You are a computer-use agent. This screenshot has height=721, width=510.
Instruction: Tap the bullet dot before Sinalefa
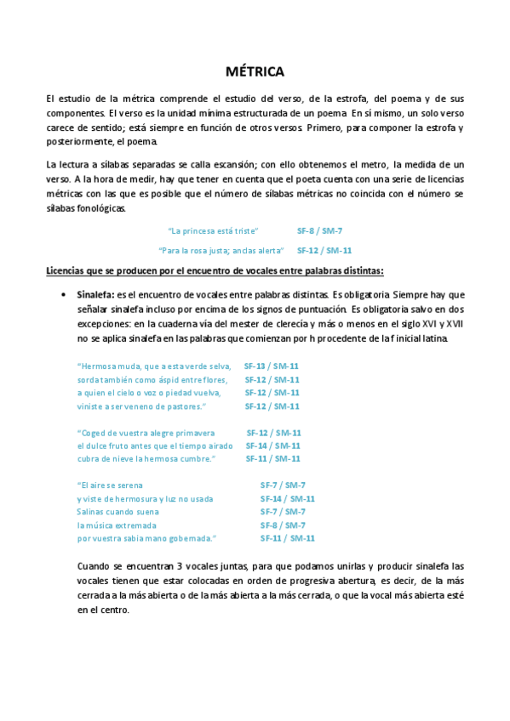pyautogui.click(x=66, y=294)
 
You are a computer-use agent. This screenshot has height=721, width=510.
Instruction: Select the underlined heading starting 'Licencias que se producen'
pyautogui.click(x=215, y=271)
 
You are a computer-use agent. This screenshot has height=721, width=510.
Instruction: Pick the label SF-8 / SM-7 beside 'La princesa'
pyautogui.click(x=319, y=230)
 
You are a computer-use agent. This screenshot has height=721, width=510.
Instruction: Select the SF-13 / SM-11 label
pyautogui.click(x=272, y=366)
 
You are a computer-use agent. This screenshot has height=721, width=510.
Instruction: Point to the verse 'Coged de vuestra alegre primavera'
pyautogui.click(x=146, y=432)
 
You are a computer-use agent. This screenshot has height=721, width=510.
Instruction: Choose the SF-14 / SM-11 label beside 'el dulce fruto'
pyautogui.click(x=273, y=446)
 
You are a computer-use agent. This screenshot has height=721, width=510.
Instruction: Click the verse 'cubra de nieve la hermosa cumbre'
pyautogui.click(x=146, y=459)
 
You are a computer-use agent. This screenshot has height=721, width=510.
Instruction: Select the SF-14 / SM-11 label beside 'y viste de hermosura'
pyautogui.click(x=288, y=498)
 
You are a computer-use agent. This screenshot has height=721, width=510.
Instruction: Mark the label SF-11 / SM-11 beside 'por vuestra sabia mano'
pyautogui.click(x=288, y=538)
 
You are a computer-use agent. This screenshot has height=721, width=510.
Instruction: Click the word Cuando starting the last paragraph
pyautogui.click(x=93, y=565)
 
